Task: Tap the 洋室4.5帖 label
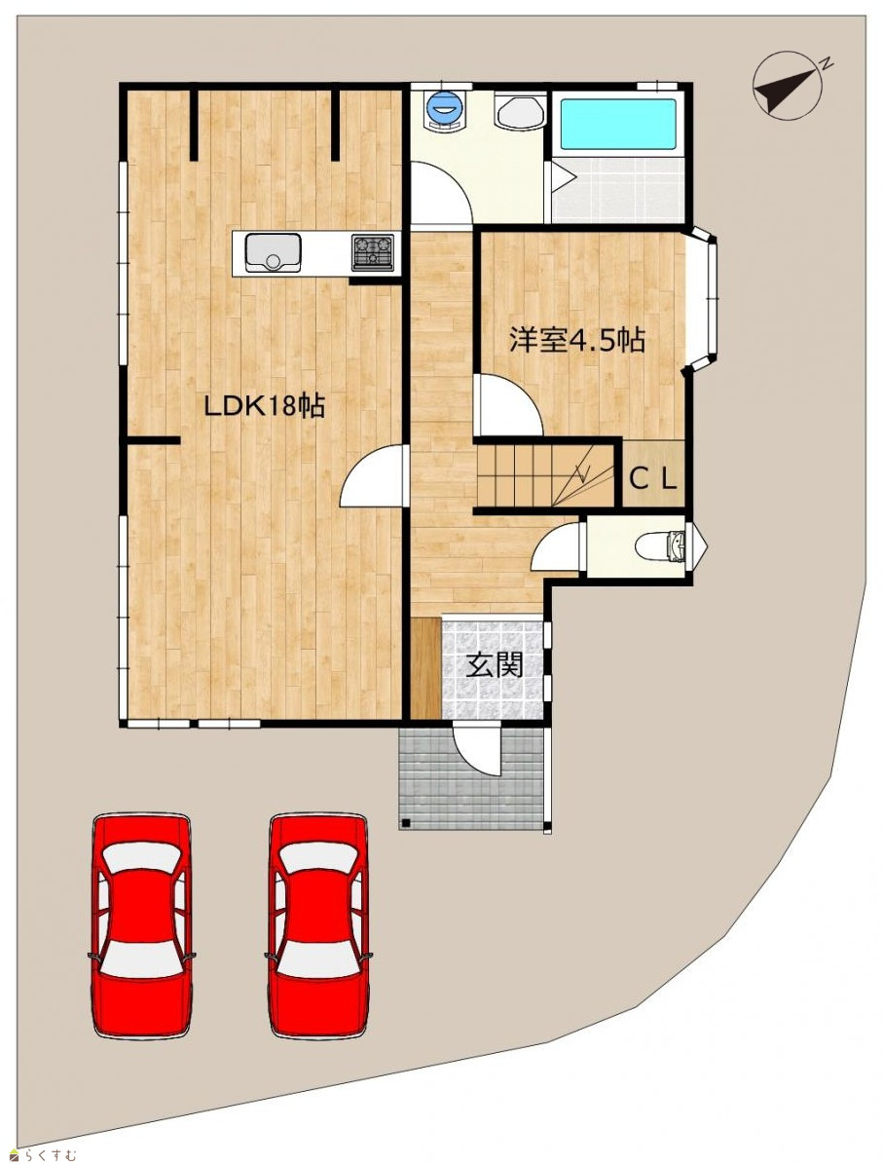click(x=576, y=340)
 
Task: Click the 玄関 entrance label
click(x=495, y=665)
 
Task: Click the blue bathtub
click(x=618, y=124)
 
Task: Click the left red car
click(x=141, y=925)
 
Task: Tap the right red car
click(x=318, y=925)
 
